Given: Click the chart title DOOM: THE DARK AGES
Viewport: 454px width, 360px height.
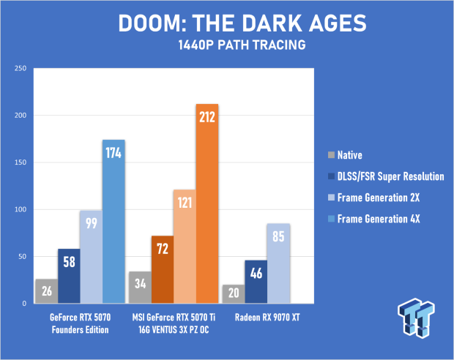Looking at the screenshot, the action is click(242, 23).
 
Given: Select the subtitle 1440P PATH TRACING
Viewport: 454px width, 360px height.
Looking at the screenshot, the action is click(242, 45).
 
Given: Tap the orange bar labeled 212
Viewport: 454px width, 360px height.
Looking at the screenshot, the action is click(207, 203).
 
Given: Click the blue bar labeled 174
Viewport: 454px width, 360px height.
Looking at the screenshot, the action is click(113, 222).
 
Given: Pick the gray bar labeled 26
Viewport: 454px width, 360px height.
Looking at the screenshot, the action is click(47, 291).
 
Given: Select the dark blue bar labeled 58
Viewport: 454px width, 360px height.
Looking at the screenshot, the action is click(69, 276).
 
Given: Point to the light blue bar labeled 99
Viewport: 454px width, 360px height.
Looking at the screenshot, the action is click(92, 257).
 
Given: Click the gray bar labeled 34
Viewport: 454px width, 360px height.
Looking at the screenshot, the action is click(140, 288).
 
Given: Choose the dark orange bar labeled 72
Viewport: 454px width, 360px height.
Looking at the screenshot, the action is click(163, 269).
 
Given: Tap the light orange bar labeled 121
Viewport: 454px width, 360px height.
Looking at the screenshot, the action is click(185, 247).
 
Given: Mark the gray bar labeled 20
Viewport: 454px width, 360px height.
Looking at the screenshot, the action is click(234, 294).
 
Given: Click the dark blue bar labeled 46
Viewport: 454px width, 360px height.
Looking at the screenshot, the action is click(256, 282).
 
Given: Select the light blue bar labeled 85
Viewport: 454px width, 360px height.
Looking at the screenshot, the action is click(278, 263).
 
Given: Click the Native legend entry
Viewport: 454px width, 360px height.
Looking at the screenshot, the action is click(345, 155).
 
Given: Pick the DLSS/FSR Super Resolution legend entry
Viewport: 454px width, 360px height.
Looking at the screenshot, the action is click(386, 176).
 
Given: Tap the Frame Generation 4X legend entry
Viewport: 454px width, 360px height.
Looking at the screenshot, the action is click(373, 219).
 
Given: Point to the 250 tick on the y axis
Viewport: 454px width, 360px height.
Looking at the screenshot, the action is click(21, 68).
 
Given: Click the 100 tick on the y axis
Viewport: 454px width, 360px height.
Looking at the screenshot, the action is click(21, 209).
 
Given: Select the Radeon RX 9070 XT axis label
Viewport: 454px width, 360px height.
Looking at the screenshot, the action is click(267, 318).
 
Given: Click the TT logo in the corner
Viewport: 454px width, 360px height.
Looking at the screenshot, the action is click(416, 318).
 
